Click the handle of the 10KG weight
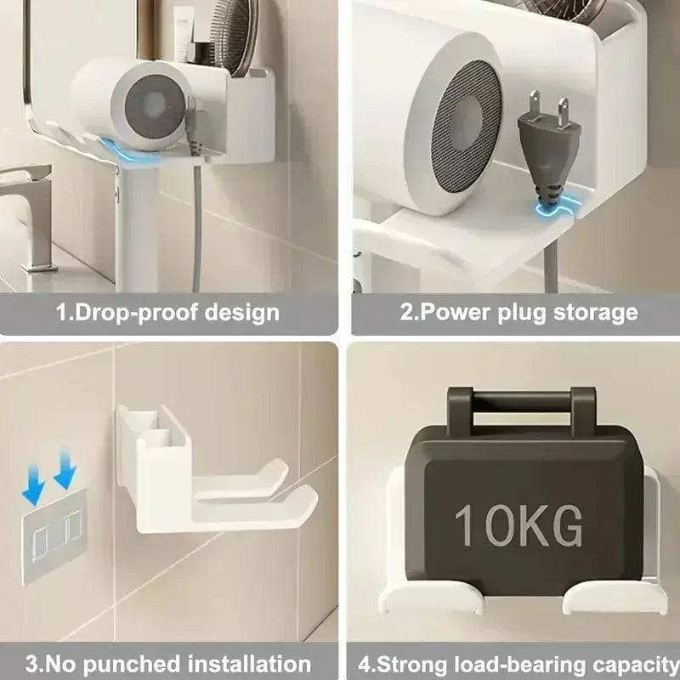tap(520, 400)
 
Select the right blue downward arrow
tap(65, 470)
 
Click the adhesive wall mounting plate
tap(54, 536)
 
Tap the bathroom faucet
tap(30, 212)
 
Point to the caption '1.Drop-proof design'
tap(167, 312)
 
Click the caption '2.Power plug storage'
tap(518, 312)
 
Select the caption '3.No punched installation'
tap(167, 663)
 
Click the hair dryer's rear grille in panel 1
tap(156, 106)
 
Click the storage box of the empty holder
tap(153, 459)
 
